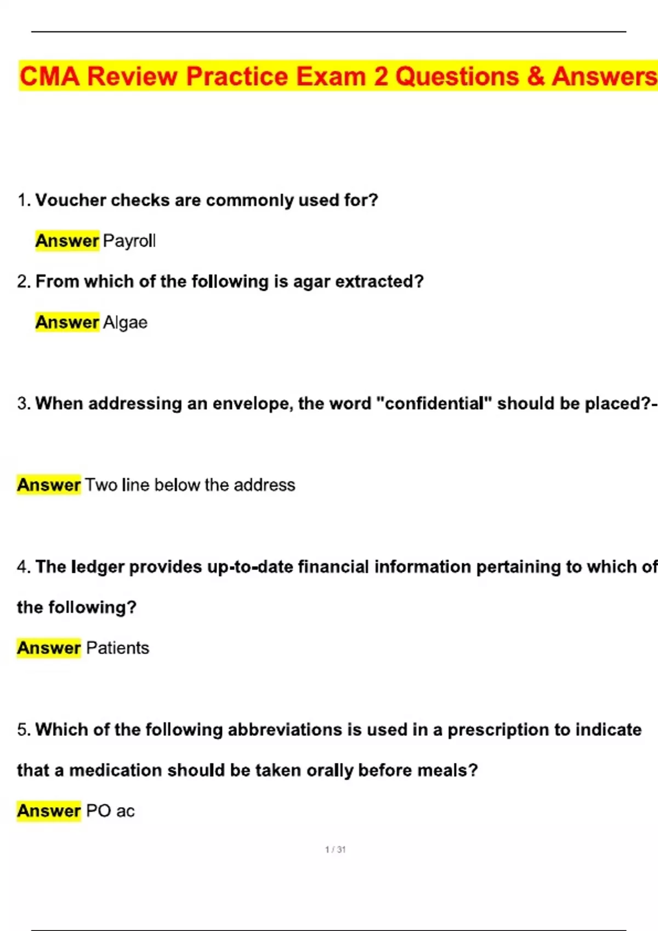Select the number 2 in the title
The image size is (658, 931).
(x=381, y=76)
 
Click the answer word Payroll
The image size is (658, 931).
(x=129, y=240)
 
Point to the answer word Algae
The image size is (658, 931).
(x=125, y=322)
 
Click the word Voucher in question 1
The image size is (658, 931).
(x=71, y=200)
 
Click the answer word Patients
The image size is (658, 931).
(x=117, y=648)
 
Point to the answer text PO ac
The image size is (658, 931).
(x=110, y=811)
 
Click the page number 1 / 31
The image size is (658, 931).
(x=335, y=849)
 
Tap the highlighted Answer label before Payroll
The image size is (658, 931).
(x=67, y=240)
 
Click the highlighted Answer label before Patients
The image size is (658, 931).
(x=49, y=648)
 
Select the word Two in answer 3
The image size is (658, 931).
(x=101, y=485)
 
